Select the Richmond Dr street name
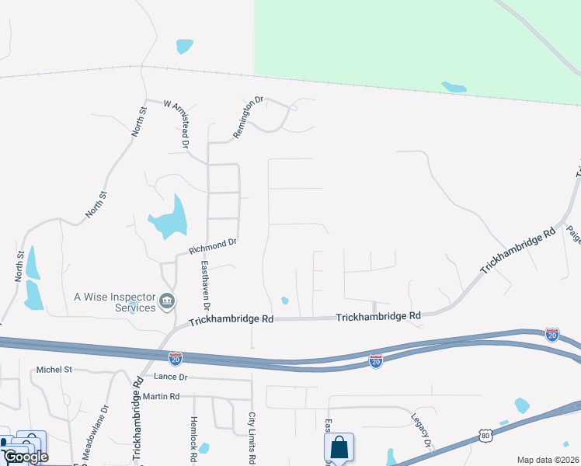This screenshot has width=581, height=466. [x=212, y=246]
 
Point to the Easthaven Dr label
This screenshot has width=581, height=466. [x=206, y=284]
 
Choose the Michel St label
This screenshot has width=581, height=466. [x=54, y=370]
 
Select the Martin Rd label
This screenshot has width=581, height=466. [x=161, y=396]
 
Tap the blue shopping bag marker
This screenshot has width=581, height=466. [x=339, y=447]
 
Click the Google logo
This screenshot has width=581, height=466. [x=25, y=457]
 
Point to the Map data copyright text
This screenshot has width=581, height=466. [x=548, y=460]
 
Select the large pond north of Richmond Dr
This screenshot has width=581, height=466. [x=170, y=218]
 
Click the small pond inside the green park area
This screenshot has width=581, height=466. [x=454, y=87]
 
